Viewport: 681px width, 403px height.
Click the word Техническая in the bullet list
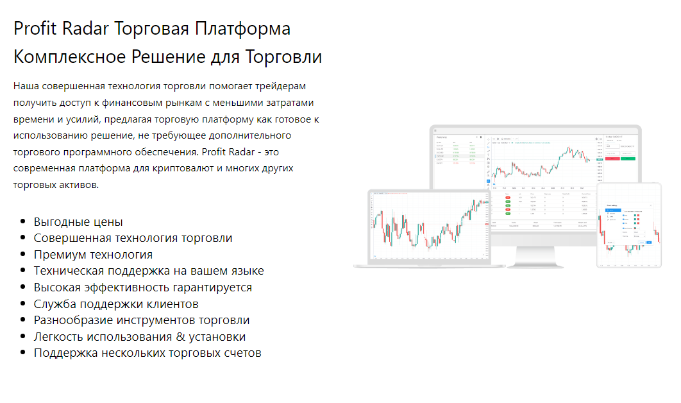(68, 271)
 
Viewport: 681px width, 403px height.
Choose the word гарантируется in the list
(214, 287)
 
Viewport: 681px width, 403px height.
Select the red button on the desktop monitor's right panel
(612, 158)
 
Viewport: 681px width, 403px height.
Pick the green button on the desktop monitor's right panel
(628, 158)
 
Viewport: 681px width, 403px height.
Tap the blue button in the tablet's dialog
(649, 242)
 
